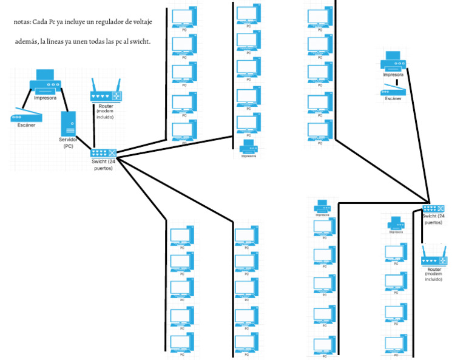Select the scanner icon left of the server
click(26, 114)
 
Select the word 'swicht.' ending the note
click(139, 42)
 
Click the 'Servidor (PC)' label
click(69, 142)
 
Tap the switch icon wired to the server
click(103, 154)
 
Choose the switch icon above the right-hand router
click(433, 209)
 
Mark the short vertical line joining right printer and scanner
click(396, 82)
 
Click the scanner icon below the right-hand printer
click(392, 92)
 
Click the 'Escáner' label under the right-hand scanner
click(392, 98)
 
